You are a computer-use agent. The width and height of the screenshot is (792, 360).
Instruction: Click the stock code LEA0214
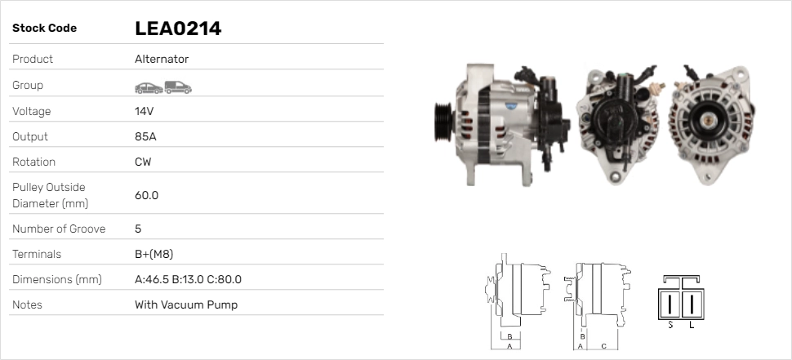[x=178, y=29]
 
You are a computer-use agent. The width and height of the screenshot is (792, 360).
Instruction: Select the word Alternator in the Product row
[x=162, y=59]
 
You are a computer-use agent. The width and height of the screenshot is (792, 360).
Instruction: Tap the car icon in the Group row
[x=149, y=88]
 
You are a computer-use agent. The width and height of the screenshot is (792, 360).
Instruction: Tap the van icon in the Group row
[x=178, y=87]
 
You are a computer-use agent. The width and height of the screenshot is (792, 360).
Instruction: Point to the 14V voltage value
[x=144, y=111]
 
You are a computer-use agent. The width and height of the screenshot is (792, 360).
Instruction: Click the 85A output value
[x=145, y=136]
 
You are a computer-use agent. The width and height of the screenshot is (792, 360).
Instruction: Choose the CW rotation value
[x=143, y=162]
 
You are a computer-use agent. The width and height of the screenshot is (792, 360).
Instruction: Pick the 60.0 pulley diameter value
[x=146, y=195]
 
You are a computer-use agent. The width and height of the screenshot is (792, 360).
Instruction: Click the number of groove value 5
[x=138, y=229]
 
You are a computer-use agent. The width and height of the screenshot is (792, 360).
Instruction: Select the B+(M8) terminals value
[x=154, y=254]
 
